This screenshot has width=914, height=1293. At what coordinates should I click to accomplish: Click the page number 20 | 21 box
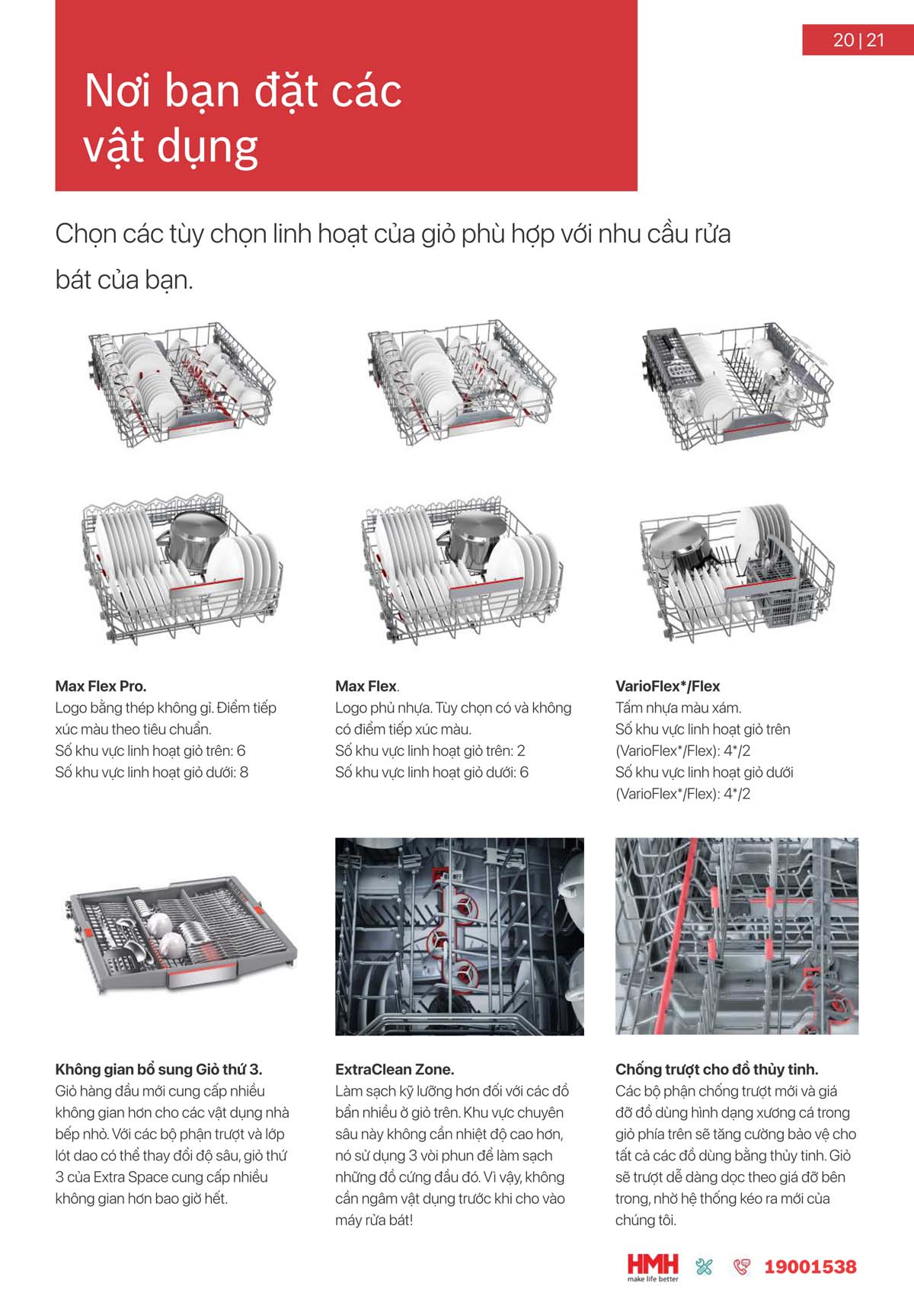pos(858,40)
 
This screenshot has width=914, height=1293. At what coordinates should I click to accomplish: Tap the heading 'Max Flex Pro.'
pos(101,686)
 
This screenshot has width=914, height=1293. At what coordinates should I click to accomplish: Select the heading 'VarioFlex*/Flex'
pos(667,686)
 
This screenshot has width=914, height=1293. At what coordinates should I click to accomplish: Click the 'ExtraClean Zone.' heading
pos(395,1069)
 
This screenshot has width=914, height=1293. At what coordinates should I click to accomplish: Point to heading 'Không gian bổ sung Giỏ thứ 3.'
pos(158,1069)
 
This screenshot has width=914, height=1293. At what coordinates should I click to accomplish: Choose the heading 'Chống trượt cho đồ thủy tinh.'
pos(717,1069)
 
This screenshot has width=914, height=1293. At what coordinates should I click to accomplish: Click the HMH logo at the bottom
pos(653,1266)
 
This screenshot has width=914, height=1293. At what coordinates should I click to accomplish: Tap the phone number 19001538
pos(810,1266)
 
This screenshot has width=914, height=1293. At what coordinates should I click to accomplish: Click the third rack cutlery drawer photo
pos(181,936)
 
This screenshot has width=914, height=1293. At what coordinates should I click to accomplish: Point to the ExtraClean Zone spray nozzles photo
pos(459,936)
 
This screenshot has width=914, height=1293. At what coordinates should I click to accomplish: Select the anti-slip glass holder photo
pos(737,936)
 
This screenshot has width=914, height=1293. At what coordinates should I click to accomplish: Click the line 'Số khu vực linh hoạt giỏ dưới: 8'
pos(152,772)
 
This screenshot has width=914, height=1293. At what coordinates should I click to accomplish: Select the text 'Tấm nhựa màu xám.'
pos(678,708)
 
